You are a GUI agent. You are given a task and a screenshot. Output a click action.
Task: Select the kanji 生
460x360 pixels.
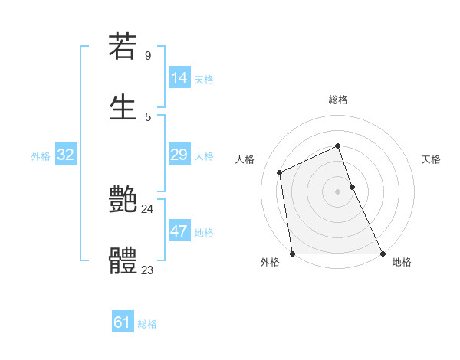[123, 106]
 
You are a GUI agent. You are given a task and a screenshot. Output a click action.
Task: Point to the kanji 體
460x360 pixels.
[123, 260]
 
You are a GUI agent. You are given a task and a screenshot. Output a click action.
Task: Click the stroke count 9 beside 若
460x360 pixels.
[148, 56]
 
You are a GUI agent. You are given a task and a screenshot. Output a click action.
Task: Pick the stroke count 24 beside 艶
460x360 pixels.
[148, 208]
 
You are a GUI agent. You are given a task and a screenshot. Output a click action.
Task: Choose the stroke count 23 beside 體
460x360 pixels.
[148, 270]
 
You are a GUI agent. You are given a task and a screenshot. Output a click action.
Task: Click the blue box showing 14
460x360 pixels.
[179, 77]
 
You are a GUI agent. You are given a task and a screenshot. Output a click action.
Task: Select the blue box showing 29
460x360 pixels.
[179, 155]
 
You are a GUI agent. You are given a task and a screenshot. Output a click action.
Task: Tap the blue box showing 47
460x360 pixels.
[179, 231]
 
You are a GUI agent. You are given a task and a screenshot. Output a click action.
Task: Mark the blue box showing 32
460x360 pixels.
[66, 155]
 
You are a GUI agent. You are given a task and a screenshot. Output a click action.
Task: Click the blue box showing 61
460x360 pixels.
[123, 322]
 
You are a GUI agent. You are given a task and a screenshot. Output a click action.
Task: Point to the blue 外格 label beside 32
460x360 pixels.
[41, 155]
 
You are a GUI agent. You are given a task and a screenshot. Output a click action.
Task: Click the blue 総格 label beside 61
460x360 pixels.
[147, 324]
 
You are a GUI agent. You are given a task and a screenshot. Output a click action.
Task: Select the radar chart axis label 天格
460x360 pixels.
[431, 159]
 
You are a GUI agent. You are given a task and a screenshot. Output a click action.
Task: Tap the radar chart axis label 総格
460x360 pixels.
[337, 100]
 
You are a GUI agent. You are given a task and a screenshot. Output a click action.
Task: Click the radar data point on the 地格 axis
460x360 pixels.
[382, 253]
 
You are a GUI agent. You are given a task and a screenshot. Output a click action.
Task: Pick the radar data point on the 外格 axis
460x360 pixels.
[293, 253]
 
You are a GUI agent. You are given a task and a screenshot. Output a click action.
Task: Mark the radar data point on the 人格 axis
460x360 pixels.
[280, 172]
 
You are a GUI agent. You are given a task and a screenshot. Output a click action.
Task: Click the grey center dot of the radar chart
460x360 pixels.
[337, 191]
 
